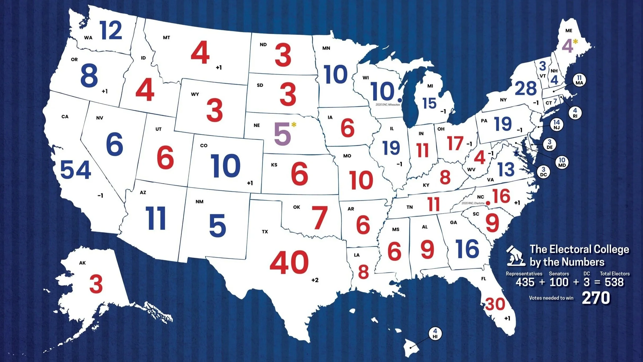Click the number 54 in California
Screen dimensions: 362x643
76,170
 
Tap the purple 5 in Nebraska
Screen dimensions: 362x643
283,134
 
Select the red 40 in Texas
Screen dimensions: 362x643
289,262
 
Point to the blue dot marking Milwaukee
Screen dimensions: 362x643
399,100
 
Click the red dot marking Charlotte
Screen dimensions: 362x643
488,203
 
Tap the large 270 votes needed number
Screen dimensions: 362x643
596,298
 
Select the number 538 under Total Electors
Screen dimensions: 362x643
614,282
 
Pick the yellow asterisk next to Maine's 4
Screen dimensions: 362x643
575,41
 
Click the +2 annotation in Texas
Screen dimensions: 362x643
315,280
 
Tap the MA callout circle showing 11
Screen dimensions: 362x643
579,80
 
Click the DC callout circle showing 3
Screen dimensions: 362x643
543,172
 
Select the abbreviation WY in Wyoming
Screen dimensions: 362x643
195,94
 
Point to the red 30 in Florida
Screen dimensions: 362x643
495,304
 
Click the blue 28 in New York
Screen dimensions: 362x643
526,88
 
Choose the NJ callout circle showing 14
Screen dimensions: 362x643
557,125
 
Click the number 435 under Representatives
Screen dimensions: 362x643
525,282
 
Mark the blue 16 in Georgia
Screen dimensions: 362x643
467,249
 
